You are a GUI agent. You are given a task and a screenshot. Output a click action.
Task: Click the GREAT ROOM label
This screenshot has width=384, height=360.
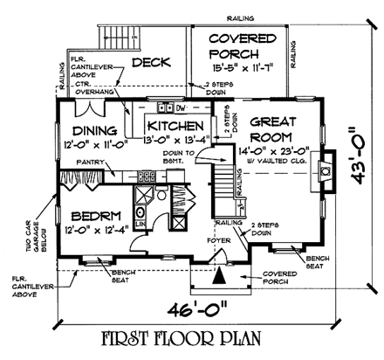pyautogui.click(x=271, y=131)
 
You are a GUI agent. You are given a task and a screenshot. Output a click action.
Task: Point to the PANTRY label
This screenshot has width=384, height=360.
pyautogui.click(x=88, y=163)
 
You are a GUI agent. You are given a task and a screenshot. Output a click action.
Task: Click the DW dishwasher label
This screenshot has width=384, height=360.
pyautogui.click(x=181, y=107)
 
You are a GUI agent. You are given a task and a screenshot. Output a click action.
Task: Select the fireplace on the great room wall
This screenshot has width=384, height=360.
pyautogui.click(x=325, y=170)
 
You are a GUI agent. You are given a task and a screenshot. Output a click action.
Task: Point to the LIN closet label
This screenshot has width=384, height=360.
pyautogui.click(x=141, y=225)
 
